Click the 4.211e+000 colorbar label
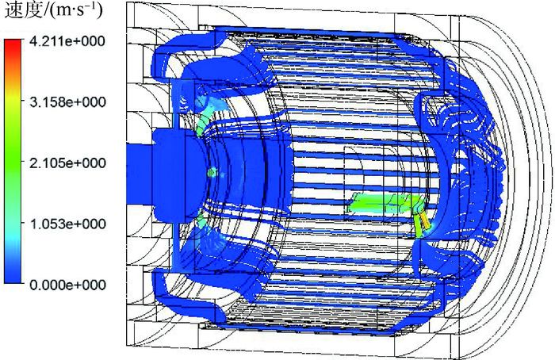tap(67, 41)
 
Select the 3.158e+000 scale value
tap(67, 102)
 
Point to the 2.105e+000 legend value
tap(67, 163)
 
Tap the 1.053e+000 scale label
tap(67, 224)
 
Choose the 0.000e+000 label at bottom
tap(67, 285)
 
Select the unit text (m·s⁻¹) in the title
tap(75, 10)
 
